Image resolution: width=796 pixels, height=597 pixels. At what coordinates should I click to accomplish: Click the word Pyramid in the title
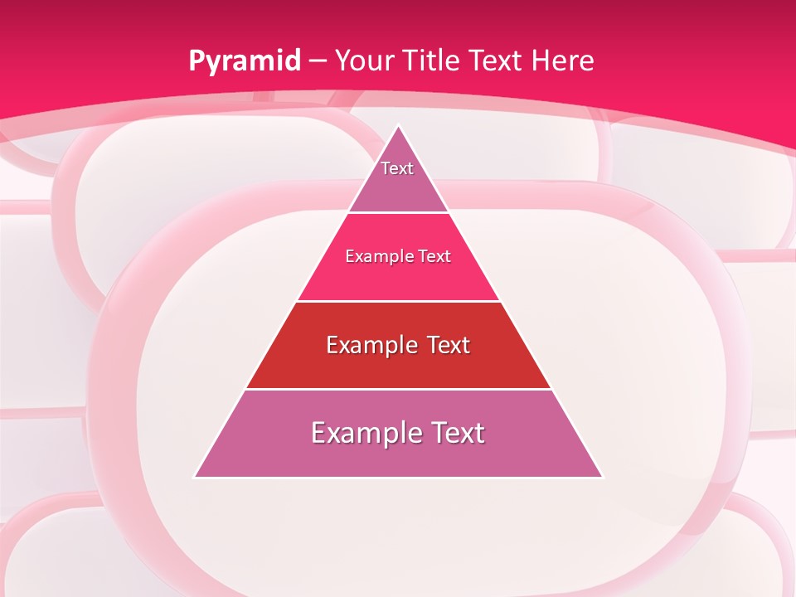[x=244, y=61]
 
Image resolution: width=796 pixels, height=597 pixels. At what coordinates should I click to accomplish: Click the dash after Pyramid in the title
[x=318, y=61]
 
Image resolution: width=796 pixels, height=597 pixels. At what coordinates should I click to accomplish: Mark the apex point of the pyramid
[x=398, y=126]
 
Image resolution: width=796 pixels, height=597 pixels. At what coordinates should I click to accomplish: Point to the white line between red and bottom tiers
[x=398, y=389]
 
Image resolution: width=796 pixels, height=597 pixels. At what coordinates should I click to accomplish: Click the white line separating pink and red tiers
[x=398, y=301]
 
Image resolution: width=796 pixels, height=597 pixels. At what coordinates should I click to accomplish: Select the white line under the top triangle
[x=398, y=212]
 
